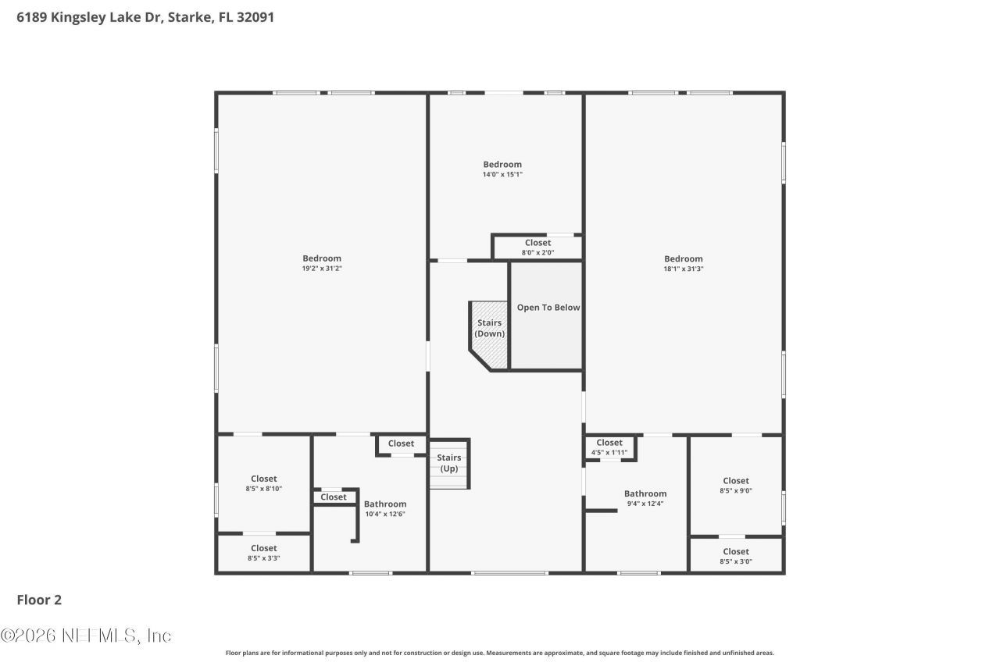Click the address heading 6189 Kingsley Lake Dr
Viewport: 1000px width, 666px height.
point(145,16)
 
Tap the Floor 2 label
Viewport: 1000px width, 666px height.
point(39,600)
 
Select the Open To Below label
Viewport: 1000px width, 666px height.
point(548,308)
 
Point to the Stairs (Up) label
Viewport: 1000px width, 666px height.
point(448,463)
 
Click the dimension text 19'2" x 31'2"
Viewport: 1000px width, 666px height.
point(322,269)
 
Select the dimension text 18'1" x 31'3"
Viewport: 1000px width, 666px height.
point(683,269)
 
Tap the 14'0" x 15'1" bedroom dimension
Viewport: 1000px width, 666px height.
point(502,174)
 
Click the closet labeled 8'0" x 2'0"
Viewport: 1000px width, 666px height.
point(537,248)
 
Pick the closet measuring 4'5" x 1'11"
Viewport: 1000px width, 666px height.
point(609,447)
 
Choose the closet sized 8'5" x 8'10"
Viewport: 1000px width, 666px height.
point(263,484)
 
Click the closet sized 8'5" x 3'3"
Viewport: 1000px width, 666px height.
point(263,554)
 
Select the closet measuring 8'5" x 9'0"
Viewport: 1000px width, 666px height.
point(735,486)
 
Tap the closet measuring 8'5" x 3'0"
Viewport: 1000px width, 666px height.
point(735,556)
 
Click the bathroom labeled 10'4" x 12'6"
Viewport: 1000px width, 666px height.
point(385,509)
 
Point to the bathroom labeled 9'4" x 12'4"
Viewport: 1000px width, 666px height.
point(645,499)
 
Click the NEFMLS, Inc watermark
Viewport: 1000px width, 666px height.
point(86,636)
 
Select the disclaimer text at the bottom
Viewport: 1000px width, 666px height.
point(500,653)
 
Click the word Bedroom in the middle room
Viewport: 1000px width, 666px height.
point(502,164)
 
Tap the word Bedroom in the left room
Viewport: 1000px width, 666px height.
point(322,258)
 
